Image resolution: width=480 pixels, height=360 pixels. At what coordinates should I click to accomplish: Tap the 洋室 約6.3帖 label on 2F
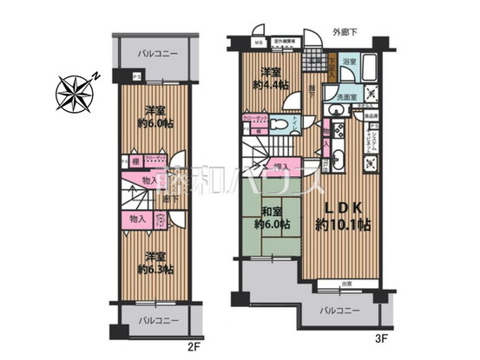(156, 263)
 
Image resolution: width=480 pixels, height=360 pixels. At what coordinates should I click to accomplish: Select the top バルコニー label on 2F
(157, 54)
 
